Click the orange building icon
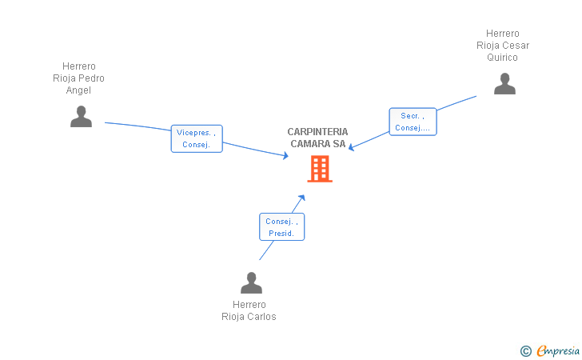320,169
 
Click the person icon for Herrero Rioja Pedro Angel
81,117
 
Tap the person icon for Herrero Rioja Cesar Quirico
504,84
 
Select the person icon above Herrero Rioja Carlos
251,283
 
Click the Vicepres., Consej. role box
196,138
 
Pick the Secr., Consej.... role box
413,122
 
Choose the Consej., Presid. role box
281,227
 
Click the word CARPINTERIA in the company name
317,132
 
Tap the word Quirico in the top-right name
503,58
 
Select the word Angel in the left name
78,90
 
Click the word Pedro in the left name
90,78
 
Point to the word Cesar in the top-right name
515,46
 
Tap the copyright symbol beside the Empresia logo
525,350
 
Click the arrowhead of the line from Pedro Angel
285,156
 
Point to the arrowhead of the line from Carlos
302,196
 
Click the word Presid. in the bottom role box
281,234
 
